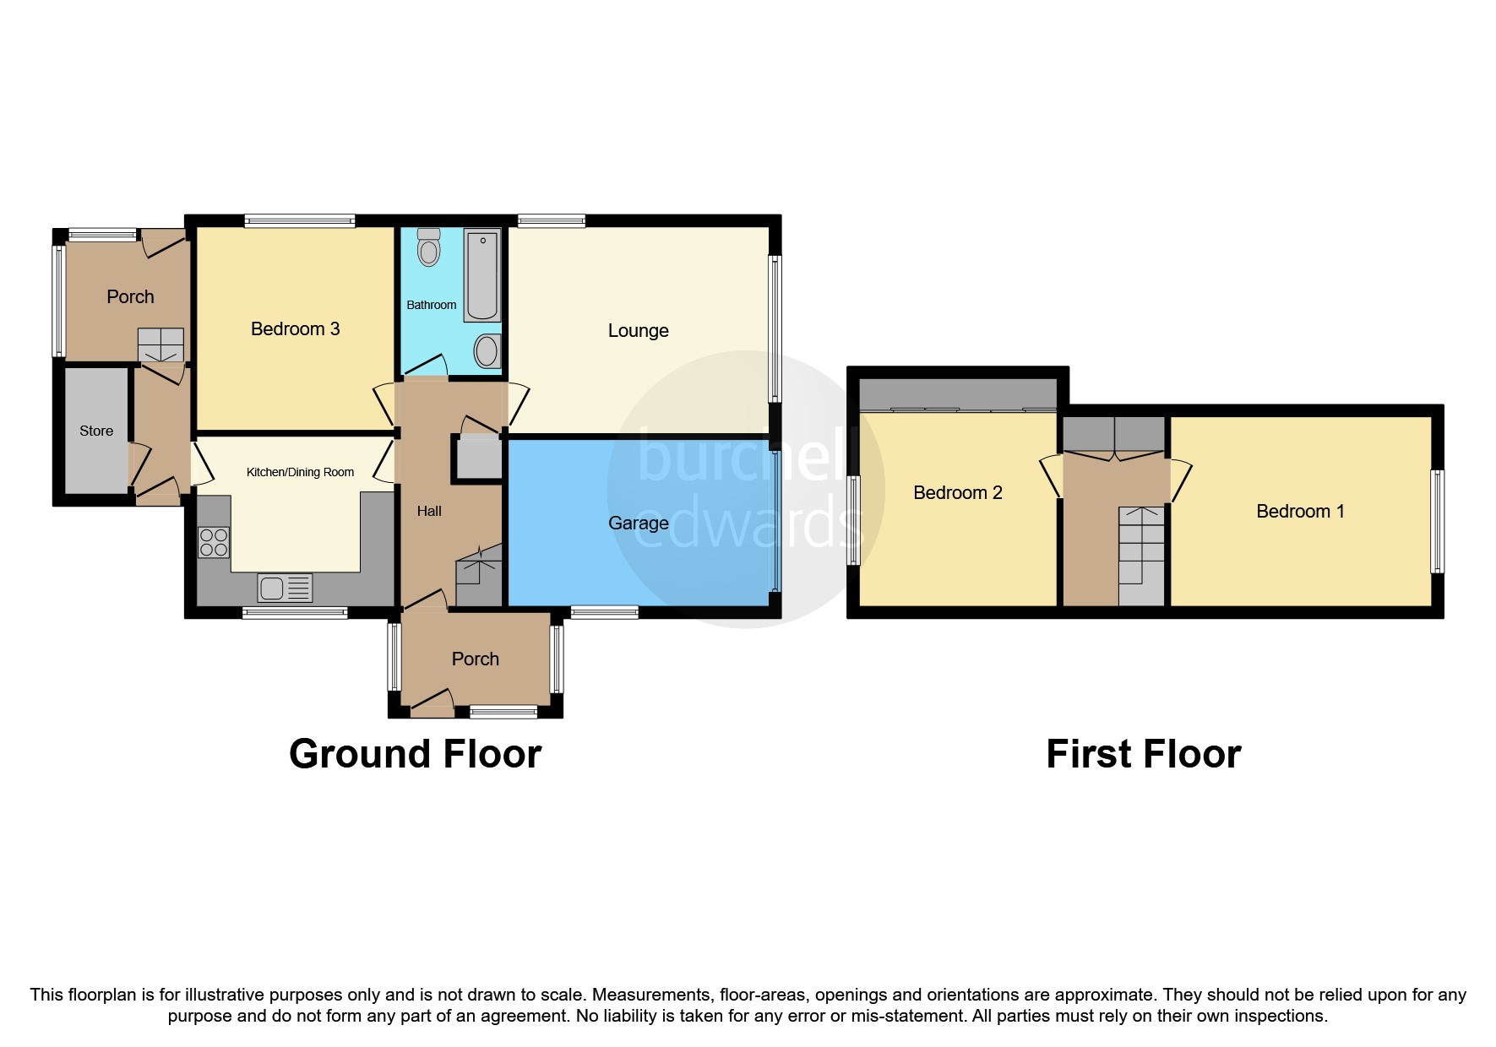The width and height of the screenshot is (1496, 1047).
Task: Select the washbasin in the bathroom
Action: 487,351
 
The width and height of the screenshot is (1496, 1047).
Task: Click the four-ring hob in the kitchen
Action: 214,542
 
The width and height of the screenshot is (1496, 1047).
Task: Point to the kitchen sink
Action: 286,587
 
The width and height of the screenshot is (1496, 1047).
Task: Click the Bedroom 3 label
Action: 295,329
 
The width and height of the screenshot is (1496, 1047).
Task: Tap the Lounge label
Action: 638,331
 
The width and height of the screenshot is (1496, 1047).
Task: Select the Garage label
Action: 638,523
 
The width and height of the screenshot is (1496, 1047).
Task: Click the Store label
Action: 96,431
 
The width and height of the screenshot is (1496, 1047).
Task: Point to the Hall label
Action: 429,512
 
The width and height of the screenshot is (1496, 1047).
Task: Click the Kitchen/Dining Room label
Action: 300,473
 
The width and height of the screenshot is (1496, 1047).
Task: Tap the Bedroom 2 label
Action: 957,493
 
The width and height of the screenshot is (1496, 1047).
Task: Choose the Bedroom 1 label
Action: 1299,512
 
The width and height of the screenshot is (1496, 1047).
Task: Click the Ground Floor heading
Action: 415,754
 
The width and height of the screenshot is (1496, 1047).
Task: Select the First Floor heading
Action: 1143,754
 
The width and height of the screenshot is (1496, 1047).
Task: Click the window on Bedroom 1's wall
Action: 1436,522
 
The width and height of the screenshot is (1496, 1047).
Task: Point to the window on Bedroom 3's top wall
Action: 300,221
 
